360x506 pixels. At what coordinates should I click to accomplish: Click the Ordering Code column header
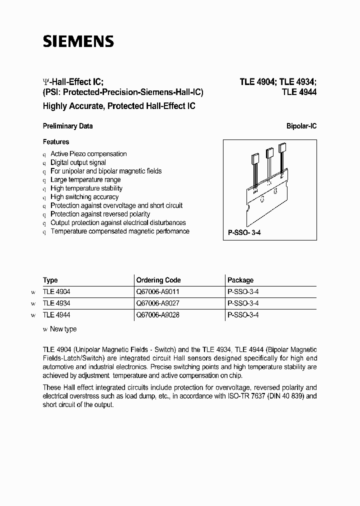click(x=158, y=280)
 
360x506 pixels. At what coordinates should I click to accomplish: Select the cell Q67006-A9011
click(x=157, y=291)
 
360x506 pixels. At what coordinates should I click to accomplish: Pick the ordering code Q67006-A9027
click(x=157, y=303)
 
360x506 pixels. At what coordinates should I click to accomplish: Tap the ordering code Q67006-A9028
click(x=157, y=315)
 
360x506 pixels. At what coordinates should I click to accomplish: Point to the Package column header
click(x=240, y=280)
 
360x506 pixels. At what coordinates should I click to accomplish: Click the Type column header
click(x=50, y=280)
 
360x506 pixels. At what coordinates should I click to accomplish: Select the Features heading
click(x=56, y=142)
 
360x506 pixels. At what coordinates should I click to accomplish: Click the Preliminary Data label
click(x=67, y=126)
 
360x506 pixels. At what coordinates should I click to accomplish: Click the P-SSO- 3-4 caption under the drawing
click(x=245, y=233)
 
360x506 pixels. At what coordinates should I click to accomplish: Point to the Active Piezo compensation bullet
click(x=88, y=154)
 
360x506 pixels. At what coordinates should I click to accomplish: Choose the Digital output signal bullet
click(x=78, y=162)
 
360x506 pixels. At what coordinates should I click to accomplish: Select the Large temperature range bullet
click(x=85, y=179)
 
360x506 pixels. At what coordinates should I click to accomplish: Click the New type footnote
click(x=63, y=329)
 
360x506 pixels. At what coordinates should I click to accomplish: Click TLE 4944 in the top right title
click(x=299, y=92)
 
